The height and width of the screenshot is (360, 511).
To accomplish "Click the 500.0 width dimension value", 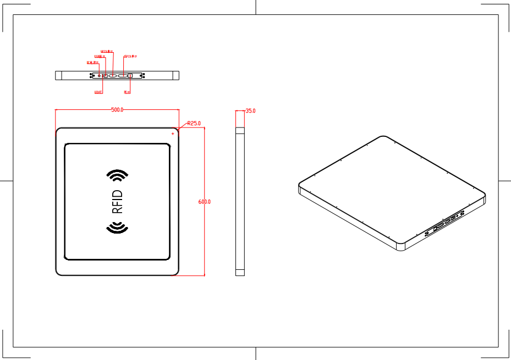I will [117, 110].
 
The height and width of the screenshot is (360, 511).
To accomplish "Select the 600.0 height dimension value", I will [205, 202].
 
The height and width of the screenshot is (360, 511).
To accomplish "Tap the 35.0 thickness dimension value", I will [250, 111].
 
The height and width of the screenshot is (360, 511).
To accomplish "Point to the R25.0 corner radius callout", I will [194, 124].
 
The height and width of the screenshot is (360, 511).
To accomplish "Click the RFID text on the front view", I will [117, 201].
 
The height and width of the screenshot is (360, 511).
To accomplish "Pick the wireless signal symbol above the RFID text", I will [117, 175].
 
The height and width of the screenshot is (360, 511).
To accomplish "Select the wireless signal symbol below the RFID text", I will [117, 228].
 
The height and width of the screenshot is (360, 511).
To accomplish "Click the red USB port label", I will [100, 56].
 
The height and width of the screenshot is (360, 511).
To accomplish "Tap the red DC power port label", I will [92, 63].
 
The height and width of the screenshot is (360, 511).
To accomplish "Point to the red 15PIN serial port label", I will [130, 56].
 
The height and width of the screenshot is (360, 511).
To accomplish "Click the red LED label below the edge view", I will [98, 92].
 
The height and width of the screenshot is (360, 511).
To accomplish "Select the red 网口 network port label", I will [127, 92].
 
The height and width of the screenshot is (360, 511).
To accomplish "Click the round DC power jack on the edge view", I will [100, 75].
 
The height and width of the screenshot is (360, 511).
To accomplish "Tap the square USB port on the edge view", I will [106, 75].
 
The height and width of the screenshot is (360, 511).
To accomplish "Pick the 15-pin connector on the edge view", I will [122, 75].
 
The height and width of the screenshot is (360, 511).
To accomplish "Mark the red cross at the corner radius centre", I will [173, 134].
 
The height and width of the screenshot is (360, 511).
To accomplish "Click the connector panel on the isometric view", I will [447, 220].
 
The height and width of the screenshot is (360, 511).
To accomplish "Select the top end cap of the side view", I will [240, 131].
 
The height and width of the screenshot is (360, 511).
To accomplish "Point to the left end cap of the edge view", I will [58, 75].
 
